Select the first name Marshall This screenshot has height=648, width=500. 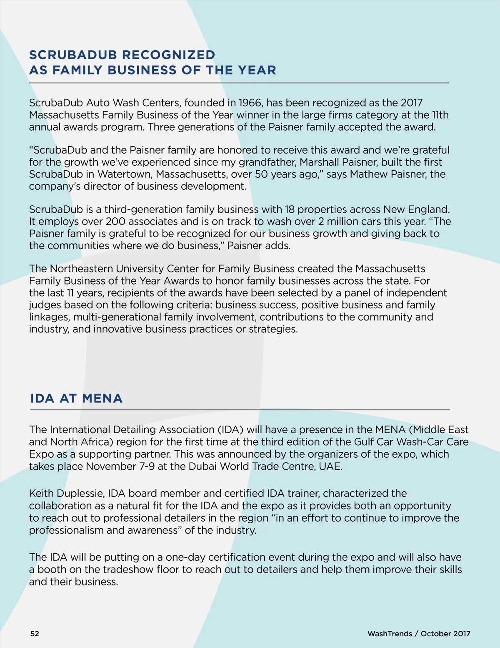(319, 162)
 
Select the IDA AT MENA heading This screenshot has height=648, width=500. (76, 398)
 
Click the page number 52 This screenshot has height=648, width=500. (35, 634)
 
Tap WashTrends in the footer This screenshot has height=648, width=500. (389, 634)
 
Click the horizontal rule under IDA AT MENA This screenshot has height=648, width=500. (240, 410)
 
